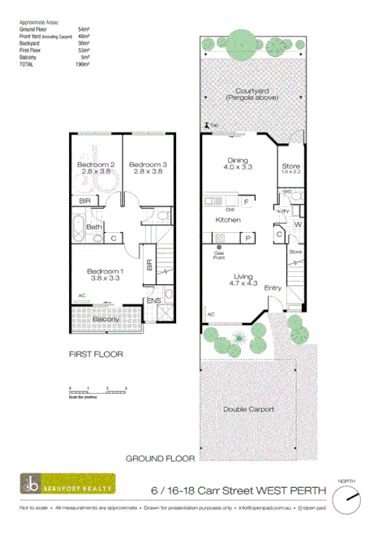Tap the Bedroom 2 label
point(95,164)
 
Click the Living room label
point(239,276)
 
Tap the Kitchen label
point(226,220)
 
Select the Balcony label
point(106,320)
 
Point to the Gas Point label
point(220,253)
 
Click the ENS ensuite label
point(152,301)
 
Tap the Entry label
point(273,287)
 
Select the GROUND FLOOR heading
point(160,459)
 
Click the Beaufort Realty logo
point(68,485)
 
